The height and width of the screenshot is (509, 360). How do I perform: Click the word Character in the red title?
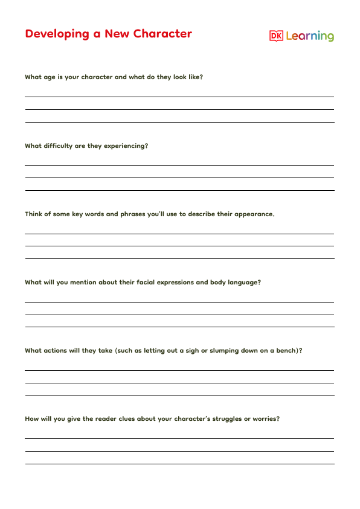pyautogui.click(x=161, y=34)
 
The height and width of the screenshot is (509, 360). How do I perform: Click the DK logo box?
pyautogui.click(x=276, y=36)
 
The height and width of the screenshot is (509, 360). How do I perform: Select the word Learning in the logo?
pyautogui.click(x=310, y=36)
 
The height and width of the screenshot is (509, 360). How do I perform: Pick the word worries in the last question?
pyautogui.click(x=265, y=418)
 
